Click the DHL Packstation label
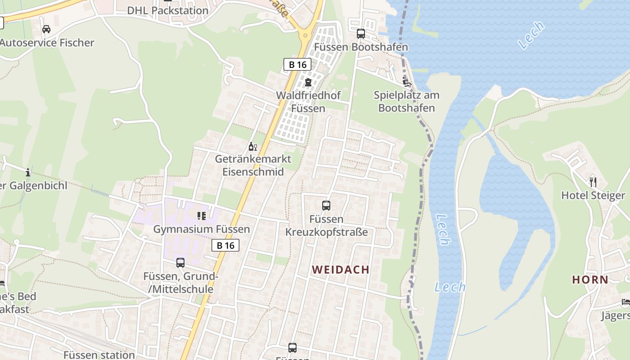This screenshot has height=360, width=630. (x=167, y=10)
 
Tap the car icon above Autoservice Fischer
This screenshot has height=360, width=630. (x=46, y=30)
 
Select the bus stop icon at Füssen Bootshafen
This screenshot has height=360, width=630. (x=361, y=34)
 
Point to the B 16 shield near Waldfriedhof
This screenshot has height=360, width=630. (x=297, y=64)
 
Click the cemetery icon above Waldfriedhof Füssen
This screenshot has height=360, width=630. (x=308, y=82)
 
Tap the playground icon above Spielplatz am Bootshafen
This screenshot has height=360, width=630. (x=407, y=82)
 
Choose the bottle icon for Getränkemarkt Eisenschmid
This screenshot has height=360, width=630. (x=253, y=146)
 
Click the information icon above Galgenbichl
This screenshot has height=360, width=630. (x=28, y=172)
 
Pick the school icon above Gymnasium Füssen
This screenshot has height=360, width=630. (x=201, y=216)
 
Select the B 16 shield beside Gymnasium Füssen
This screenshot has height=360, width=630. (x=225, y=245)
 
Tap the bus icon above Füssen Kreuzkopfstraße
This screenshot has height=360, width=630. (x=326, y=206)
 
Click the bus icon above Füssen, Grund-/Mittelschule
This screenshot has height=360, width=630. (x=180, y=263)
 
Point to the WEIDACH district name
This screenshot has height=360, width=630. (x=341, y=270)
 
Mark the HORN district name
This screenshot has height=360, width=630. (x=590, y=279)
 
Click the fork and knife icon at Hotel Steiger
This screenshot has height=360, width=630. (x=593, y=182)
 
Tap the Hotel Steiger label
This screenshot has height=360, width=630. (x=593, y=195)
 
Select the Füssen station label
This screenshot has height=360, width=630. (x=99, y=355)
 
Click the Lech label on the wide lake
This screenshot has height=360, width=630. (x=531, y=35)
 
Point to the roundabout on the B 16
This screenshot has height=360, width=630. (x=306, y=35)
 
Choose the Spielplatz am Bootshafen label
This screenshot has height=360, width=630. (x=406, y=102)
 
